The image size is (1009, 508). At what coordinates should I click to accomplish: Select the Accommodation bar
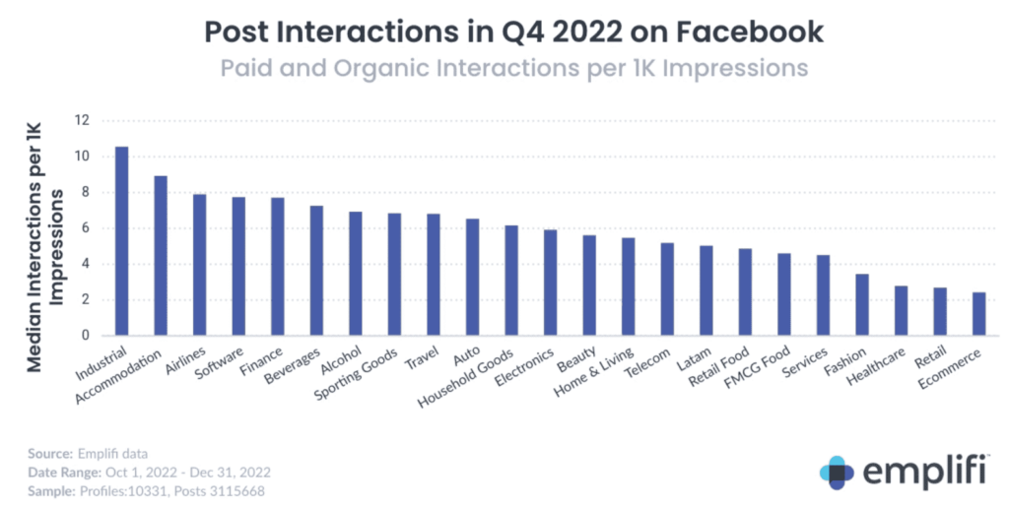coord(161,256)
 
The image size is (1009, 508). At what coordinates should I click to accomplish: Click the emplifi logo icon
coord(838,473)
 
